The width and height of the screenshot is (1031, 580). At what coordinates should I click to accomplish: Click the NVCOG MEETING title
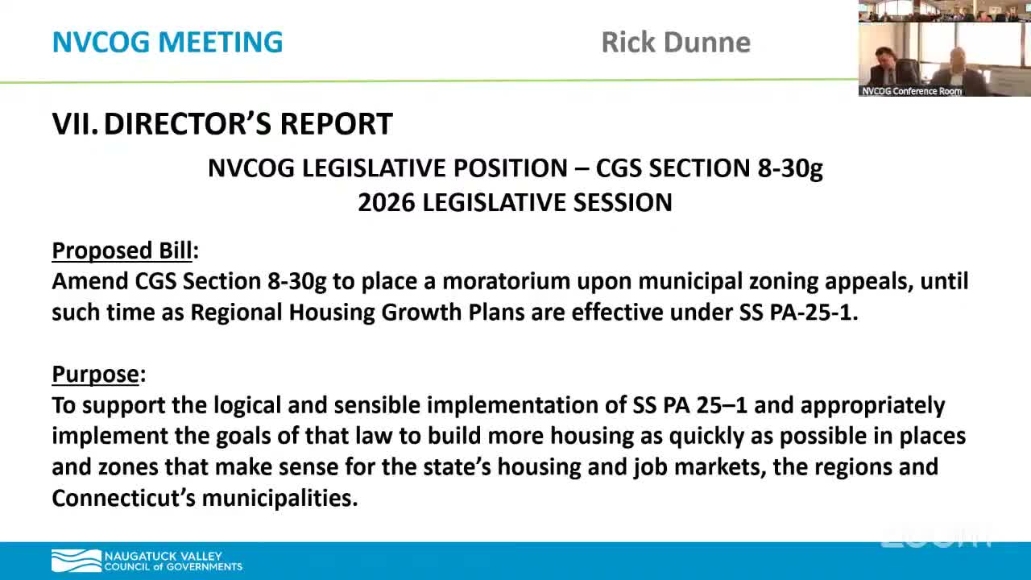[168, 42]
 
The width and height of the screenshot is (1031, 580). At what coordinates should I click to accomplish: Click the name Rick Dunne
[675, 42]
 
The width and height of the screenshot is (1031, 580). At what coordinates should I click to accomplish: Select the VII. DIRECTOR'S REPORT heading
[222, 124]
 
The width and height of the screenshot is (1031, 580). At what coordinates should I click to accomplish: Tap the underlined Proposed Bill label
[122, 251]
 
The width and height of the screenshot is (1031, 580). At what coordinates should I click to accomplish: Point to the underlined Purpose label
[96, 374]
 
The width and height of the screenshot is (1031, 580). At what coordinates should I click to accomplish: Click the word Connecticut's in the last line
[123, 498]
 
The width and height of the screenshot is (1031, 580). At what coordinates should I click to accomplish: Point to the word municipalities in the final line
[279, 498]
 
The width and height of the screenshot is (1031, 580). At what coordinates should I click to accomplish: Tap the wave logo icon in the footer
[76, 561]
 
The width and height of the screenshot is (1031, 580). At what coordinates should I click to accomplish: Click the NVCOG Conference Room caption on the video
[912, 91]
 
